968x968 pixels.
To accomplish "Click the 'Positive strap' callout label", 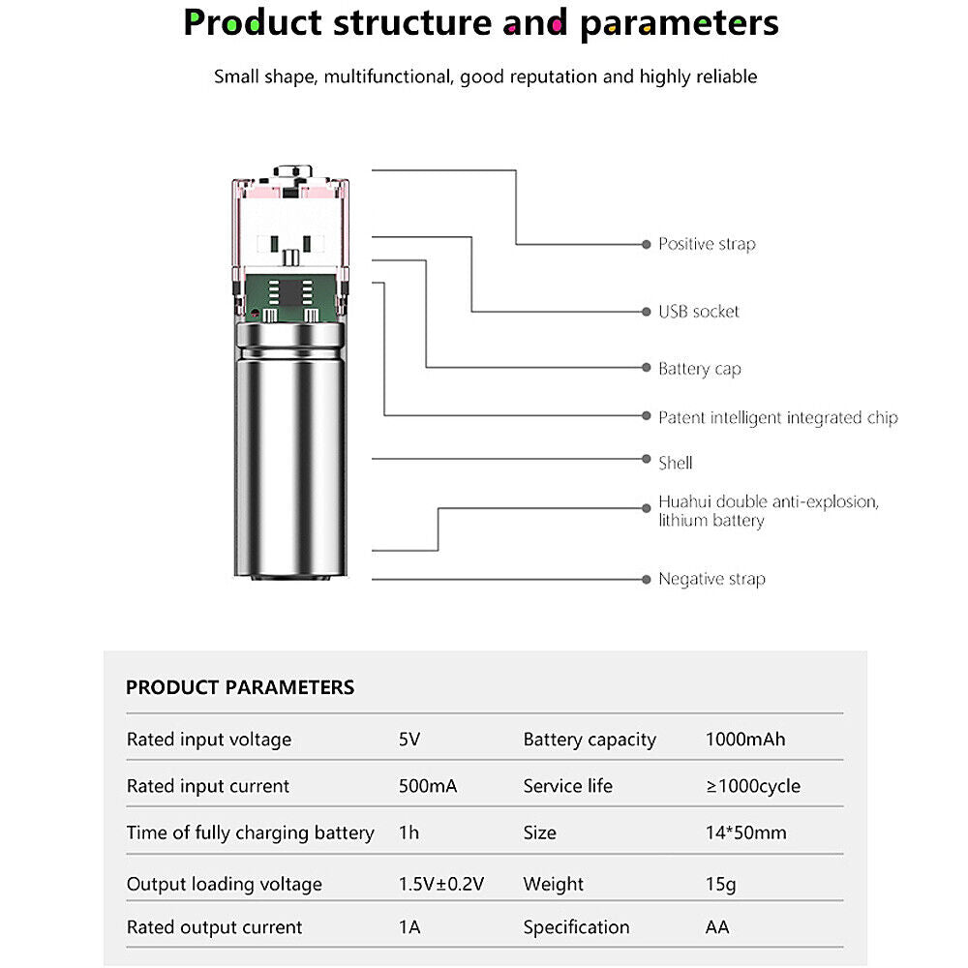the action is pyautogui.click(x=707, y=245).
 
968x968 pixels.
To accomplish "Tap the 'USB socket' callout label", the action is pyautogui.click(x=698, y=312).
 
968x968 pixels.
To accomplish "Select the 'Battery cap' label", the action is pyautogui.click(x=700, y=369).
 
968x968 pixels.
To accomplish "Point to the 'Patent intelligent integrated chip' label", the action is pyautogui.click(x=778, y=418).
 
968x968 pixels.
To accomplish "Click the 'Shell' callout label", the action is pyautogui.click(x=676, y=463).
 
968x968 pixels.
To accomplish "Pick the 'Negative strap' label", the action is pyautogui.click(x=711, y=579).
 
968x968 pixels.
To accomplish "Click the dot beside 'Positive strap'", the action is pyautogui.click(x=647, y=245).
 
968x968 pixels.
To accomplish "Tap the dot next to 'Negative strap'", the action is pyautogui.click(x=647, y=579).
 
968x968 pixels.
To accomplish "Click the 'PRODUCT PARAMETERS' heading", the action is pyautogui.click(x=240, y=687).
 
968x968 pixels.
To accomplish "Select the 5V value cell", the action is pyautogui.click(x=409, y=739).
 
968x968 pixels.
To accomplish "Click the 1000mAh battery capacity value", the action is pyautogui.click(x=745, y=739).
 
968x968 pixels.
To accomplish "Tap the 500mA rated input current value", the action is pyautogui.click(x=428, y=786).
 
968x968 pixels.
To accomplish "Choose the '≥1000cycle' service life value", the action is pyautogui.click(x=753, y=786).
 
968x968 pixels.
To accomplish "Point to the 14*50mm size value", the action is pyautogui.click(x=745, y=832).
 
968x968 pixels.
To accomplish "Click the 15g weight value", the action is pyautogui.click(x=720, y=884).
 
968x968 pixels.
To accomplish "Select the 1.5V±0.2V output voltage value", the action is pyautogui.click(x=441, y=884).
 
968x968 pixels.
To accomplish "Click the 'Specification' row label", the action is pyautogui.click(x=576, y=927).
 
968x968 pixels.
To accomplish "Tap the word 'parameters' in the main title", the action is pyautogui.click(x=680, y=23).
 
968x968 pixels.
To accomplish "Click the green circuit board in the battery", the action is pyautogui.click(x=290, y=297).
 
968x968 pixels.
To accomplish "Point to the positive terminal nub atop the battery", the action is pyautogui.click(x=293, y=171).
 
